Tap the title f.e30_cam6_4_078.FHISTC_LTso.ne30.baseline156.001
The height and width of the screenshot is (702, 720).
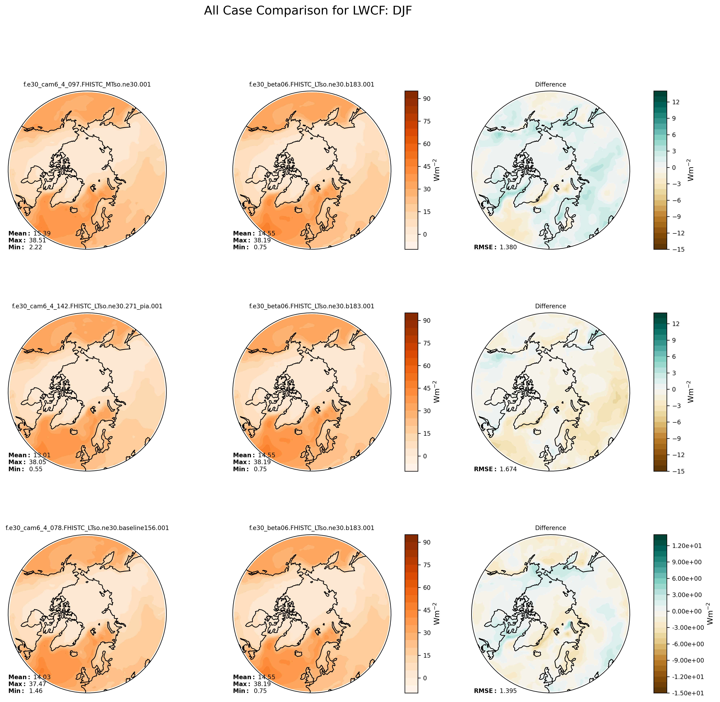pos(87,528)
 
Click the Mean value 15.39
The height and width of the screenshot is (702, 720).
pos(42,233)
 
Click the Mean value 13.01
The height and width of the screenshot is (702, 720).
pos(42,455)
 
